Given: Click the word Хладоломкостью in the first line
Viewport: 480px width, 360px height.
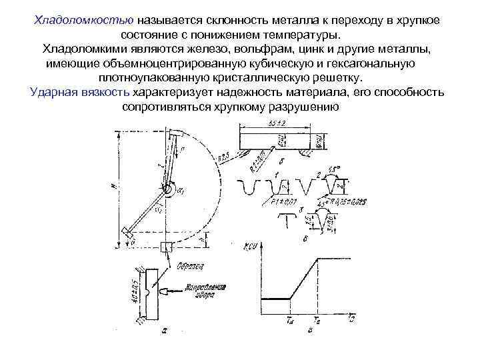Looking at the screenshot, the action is pyautogui.click(x=79, y=20).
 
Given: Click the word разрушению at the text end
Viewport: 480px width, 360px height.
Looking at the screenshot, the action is pyautogui.click(x=307, y=105).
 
